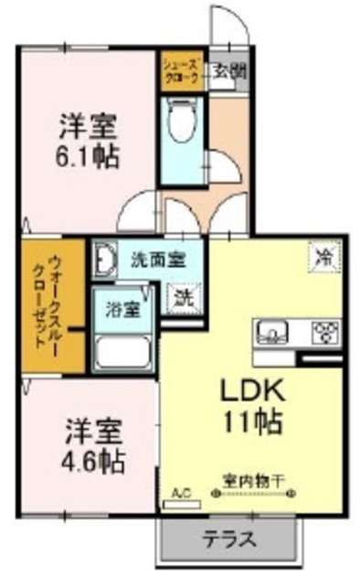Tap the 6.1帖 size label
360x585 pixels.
(89, 154)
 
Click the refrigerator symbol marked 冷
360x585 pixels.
(324, 253)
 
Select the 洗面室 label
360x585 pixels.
(156, 259)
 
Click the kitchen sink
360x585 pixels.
(270, 330)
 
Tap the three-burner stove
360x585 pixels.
(324, 330)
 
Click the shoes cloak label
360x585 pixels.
(178, 70)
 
